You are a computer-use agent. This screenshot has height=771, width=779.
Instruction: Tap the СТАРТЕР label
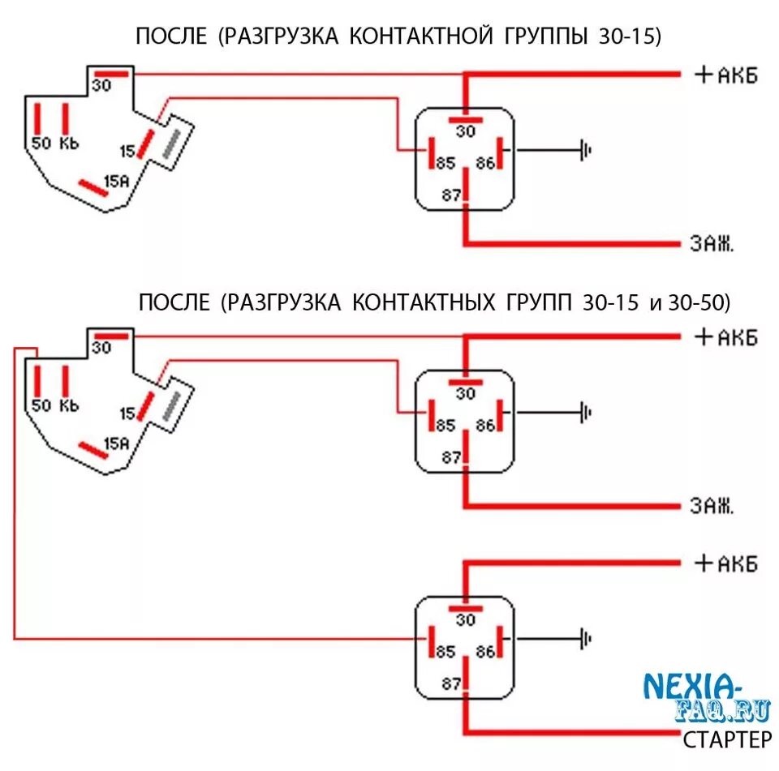[x=727, y=739]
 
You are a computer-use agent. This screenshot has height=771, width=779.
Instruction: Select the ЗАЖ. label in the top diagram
[x=712, y=243]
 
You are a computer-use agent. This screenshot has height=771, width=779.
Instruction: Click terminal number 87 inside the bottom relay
[x=451, y=684]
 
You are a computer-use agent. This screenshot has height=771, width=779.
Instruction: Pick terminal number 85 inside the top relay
[x=445, y=163]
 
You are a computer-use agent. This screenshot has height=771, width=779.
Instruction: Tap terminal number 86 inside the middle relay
[x=485, y=425]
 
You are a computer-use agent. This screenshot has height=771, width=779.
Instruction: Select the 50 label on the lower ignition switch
[x=41, y=405]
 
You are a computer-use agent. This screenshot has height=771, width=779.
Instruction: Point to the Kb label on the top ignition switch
[x=69, y=143]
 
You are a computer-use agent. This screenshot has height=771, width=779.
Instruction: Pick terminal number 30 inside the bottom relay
[x=465, y=620]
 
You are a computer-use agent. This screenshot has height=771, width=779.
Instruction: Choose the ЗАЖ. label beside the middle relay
[x=712, y=507]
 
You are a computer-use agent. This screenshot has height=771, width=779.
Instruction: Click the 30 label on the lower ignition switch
[x=101, y=347]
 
